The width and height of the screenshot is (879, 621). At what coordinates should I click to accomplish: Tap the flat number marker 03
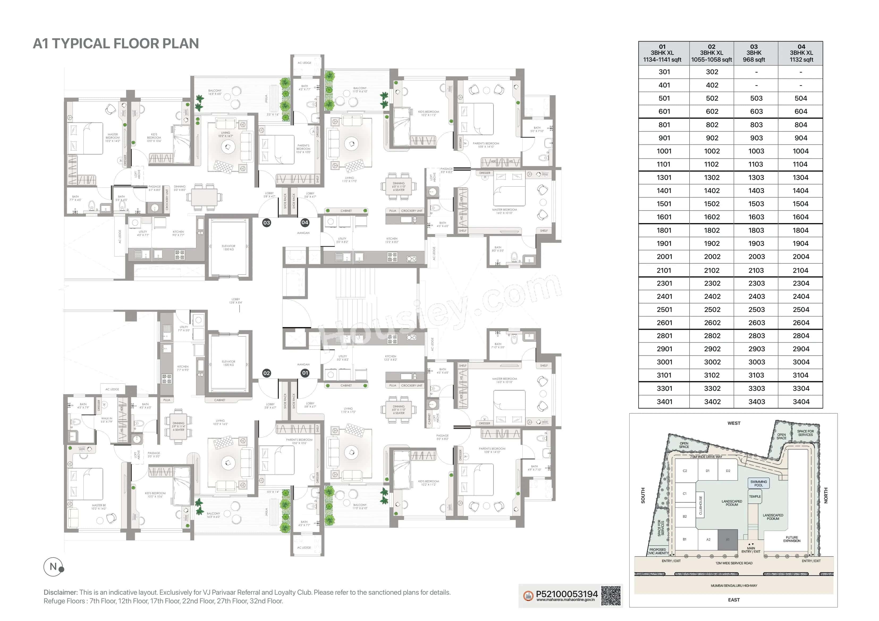(267, 223)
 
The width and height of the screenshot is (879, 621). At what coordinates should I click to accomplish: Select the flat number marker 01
(305, 373)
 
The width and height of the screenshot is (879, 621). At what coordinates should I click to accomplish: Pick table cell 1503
(756, 204)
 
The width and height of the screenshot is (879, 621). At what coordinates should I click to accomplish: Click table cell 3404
(801, 402)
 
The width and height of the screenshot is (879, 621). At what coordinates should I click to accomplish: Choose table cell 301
(664, 72)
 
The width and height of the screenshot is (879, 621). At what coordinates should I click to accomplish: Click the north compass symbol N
(53, 567)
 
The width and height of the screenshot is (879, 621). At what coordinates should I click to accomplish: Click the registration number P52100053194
(566, 594)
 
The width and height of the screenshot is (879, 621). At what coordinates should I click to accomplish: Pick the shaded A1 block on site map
(727, 540)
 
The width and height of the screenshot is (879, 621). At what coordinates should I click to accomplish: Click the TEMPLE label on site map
(755, 497)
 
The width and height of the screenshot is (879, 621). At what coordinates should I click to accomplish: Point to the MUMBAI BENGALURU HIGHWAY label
(734, 586)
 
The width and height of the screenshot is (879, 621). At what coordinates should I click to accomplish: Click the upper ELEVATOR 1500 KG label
(229, 247)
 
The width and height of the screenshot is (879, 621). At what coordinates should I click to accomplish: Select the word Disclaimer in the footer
(61, 592)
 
